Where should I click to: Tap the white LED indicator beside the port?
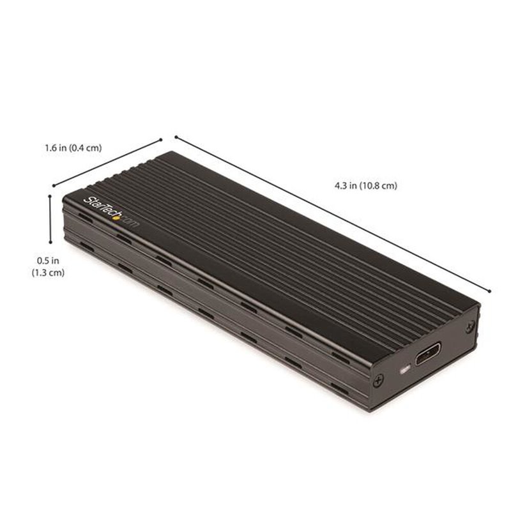tap(403, 369)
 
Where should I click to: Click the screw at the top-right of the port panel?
tap(469, 326)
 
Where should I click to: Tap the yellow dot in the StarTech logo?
tap(116, 217)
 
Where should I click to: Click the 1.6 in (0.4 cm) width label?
tap(73, 148)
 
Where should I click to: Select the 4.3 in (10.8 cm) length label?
tap(366, 186)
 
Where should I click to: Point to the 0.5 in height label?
tap(48, 261)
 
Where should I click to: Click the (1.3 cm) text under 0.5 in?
tap(48, 273)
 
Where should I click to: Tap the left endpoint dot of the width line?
tap(53, 187)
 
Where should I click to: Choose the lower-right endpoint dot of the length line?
tap(490, 291)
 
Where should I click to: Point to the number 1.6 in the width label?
tap(51, 148)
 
